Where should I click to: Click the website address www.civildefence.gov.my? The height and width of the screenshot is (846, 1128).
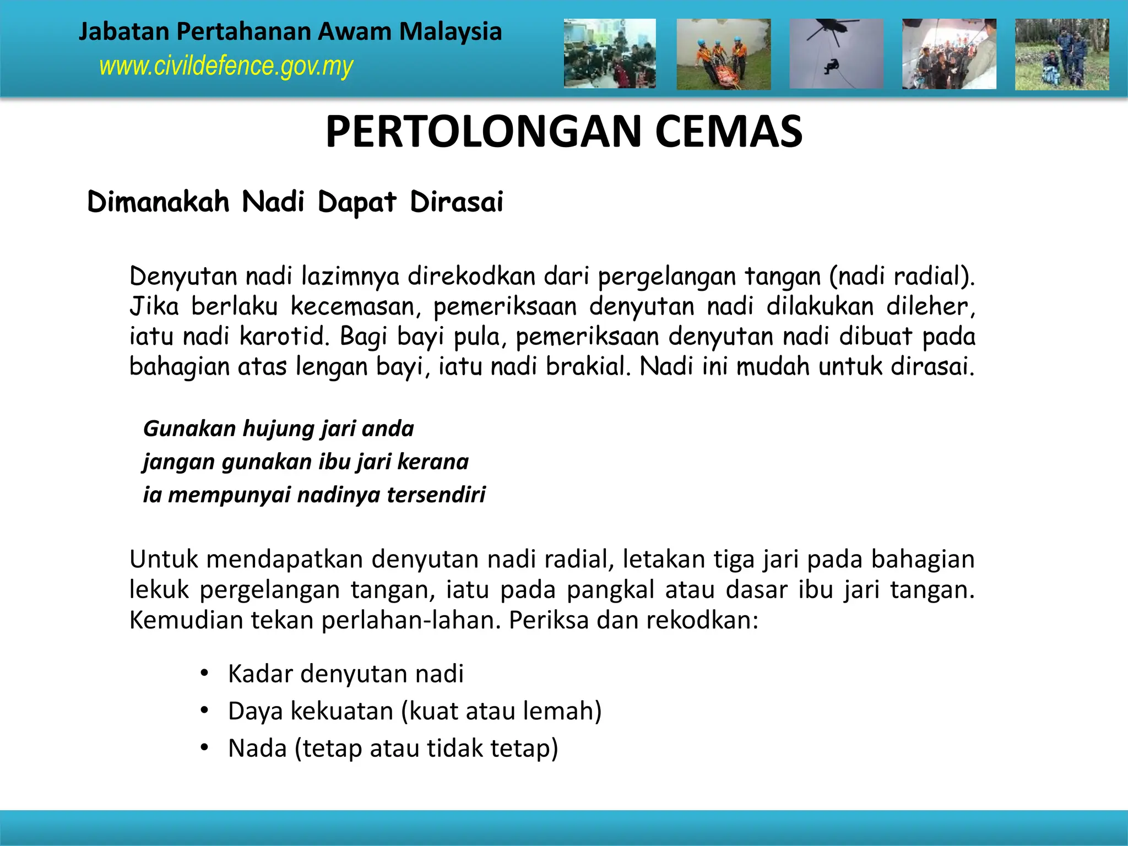(x=226, y=67)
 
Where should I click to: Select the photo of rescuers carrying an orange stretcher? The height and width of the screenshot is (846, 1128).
(x=723, y=54)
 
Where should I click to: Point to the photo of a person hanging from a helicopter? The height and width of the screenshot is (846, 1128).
(x=836, y=54)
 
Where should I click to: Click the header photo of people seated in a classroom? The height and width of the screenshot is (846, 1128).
(x=610, y=54)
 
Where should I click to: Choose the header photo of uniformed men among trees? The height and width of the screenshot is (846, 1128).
(x=1061, y=54)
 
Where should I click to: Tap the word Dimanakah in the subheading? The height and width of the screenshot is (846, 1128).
(x=158, y=202)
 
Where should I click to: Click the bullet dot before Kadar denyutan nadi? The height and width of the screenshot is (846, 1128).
(x=204, y=673)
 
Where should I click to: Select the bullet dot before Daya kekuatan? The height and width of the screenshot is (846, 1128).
(x=204, y=711)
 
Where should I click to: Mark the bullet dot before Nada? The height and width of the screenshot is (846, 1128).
(x=204, y=748)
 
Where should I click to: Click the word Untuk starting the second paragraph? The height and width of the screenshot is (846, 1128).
(x=164, y=560)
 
